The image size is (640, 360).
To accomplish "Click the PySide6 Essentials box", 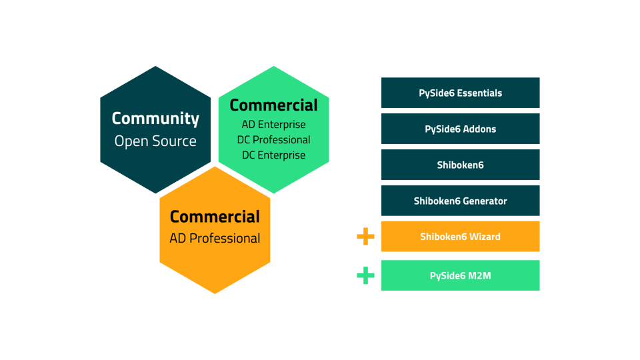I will pos(460,93).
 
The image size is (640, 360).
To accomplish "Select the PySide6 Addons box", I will pos(460,129).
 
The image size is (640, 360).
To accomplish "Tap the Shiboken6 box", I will pos(460,165).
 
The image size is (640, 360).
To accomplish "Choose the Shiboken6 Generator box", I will pos(460,201).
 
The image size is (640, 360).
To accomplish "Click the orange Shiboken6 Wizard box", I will pos(460,237).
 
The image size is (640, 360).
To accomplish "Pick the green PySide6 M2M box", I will pos(460,275).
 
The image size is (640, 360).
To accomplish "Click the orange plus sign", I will pos(365,237).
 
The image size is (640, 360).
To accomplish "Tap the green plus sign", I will pos(365,275).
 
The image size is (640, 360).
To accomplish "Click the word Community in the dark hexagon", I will pos(155,119).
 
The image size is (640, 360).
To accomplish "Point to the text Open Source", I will pos(155,141).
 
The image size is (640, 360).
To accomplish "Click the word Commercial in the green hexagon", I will pos(273,105).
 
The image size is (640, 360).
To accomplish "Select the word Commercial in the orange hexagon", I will pos(215,217).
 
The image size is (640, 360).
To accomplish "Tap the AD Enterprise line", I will pos(273,125).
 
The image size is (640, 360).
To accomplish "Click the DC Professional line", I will pos(273,140).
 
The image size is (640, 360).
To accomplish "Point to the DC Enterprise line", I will pos(273,155).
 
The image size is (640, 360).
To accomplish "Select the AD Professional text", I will pos(215,238).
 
